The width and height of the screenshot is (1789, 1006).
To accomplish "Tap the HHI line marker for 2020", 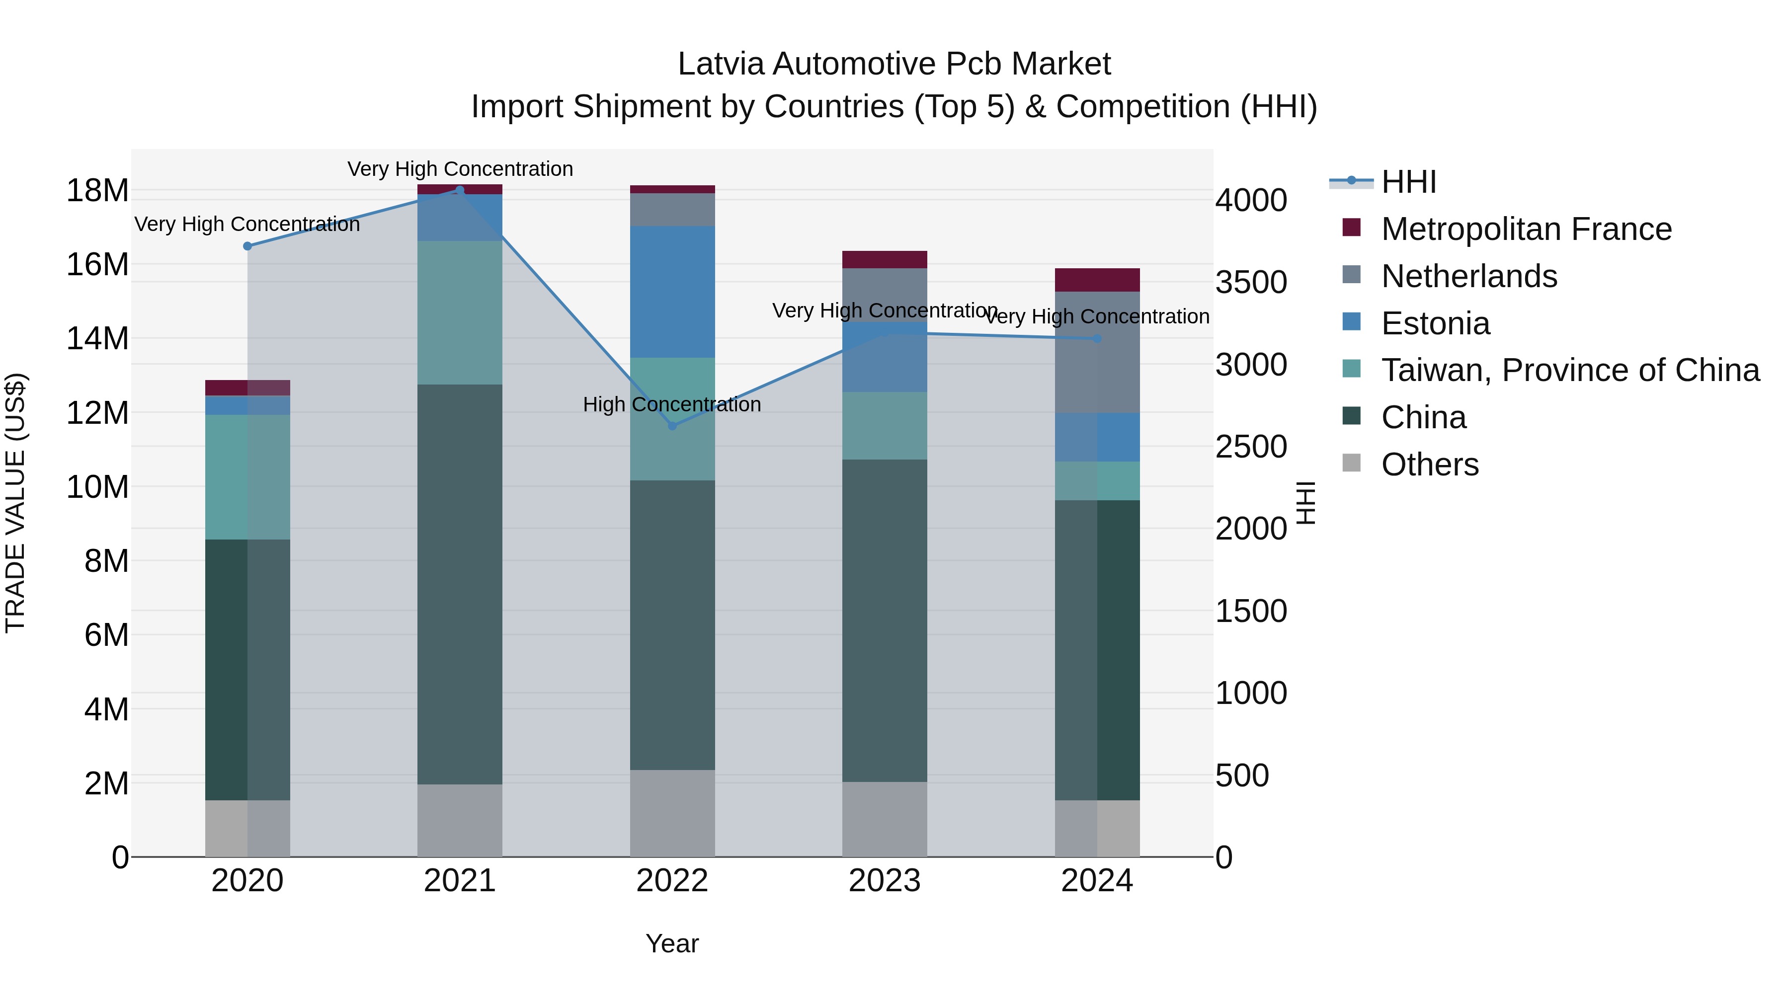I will [x=247, y=246].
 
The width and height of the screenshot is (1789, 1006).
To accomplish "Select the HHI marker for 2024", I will [x=1097, y=339].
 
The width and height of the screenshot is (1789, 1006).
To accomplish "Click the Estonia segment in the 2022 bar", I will [x=672, y=292].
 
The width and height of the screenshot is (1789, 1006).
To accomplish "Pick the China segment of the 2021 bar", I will [x=460, y=583].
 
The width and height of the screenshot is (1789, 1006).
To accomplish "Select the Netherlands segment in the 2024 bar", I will [x=1097, y=352].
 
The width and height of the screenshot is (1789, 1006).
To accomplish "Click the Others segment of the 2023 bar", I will [x=885, y=819].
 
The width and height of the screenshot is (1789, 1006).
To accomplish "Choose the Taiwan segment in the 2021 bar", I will [x=460, y=312].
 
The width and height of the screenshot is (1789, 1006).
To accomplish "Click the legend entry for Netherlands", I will [x=1469, y=276].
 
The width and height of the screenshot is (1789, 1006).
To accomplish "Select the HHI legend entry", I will [x=1408, y=182].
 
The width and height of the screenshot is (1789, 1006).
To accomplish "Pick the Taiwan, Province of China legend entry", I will [x=1569, y=370].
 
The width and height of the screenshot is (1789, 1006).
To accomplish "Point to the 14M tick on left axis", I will [x=97, y=339].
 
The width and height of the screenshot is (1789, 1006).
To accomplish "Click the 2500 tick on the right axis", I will [x=1251, y=447].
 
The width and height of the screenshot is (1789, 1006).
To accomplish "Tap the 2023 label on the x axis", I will [x=885, y=881].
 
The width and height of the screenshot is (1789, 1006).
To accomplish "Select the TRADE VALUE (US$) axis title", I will [x=15, y=503].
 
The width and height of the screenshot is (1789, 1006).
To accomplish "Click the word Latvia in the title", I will [x=722, y=64].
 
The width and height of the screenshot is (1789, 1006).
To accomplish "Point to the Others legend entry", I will [x=1429, y=464].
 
